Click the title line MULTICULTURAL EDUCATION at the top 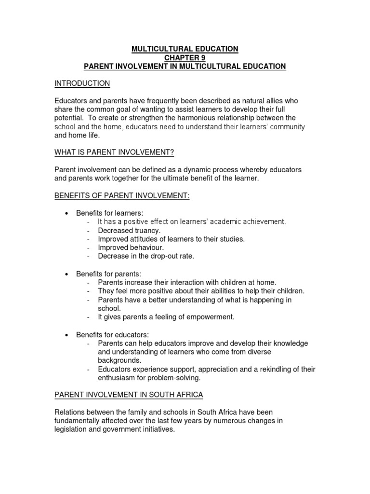(x=185, y=49)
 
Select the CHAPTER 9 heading (x=185, y=57)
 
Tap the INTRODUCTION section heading (x=82, y=83)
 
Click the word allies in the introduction (x=265, y=101)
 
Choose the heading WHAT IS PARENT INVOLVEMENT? (x=114, y=152)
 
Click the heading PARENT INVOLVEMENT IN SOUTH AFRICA (x=129, y=395)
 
